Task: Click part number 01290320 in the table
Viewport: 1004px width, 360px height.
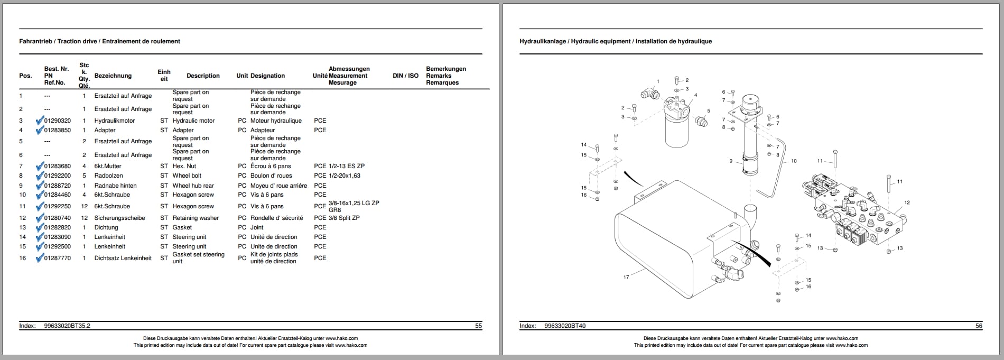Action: coord(57,121)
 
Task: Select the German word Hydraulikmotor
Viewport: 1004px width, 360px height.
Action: coord(114,121)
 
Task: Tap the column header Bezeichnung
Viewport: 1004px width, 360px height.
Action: coord(113,76)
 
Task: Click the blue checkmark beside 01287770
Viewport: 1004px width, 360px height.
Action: coord(39,259)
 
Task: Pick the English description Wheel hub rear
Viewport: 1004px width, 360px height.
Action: coord(193,186)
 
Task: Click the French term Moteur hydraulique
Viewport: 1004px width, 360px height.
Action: coord(276,121)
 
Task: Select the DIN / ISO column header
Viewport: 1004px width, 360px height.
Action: coord(405,76)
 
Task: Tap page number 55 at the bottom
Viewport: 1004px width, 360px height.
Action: coord(478,326)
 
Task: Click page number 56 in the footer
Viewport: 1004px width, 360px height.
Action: coord(979,326)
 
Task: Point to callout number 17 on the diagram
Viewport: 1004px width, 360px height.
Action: coord(626,277)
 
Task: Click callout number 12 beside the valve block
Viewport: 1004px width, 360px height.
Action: coord(907,202)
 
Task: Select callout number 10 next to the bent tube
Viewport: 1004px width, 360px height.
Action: coord(794,161)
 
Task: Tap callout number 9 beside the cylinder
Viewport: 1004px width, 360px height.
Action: coord(731,161)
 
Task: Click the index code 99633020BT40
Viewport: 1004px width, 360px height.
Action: coord(565,326)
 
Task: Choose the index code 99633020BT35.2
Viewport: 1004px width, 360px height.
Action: coord(67,326)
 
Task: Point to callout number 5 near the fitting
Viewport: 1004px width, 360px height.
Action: coord(709,111)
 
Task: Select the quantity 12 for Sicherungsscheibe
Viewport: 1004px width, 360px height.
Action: coord(84,218)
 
